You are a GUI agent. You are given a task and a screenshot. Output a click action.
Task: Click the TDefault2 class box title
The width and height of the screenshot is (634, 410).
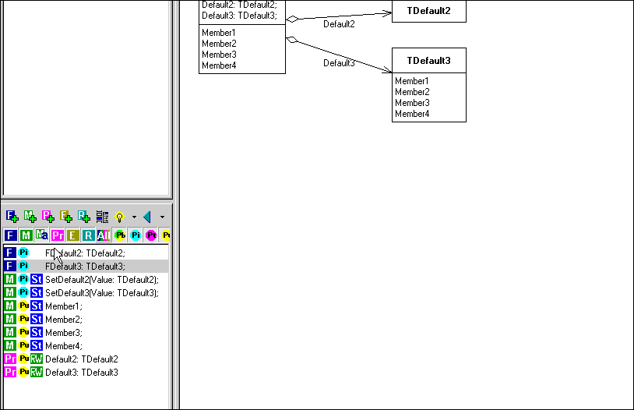(x=428, y=12)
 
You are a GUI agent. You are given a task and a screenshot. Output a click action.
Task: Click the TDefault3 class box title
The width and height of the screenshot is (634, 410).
(x=428, y=61)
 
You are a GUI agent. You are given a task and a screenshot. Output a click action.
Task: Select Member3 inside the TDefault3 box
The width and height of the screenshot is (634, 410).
(x=412, y=103)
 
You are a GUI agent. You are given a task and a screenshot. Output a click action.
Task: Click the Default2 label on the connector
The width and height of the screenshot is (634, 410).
(x=339, y=24)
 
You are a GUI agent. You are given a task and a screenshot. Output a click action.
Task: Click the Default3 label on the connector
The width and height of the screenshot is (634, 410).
(x=339, y=63)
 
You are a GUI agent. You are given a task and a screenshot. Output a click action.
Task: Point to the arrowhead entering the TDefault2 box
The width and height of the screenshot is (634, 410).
(x=387, y=13)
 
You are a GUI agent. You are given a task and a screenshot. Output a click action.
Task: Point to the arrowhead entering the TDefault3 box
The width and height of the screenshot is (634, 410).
(x=387, y=71)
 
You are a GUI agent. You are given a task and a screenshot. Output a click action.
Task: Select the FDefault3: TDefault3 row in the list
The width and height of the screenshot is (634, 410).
(x=85, y=266)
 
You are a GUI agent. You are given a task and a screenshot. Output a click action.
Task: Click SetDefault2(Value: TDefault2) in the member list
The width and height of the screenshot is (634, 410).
(x=101, y=279)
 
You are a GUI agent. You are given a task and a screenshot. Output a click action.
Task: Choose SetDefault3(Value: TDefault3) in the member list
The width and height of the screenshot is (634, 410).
(x=101, y=292)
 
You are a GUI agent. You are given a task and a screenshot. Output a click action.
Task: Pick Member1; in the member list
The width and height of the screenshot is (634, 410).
(x=63, y=306)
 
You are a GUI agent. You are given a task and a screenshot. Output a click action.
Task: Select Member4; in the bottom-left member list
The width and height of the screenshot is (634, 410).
(x=63, y=345)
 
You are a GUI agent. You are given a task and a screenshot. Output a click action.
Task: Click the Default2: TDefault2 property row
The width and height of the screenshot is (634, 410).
(x=82, y=359)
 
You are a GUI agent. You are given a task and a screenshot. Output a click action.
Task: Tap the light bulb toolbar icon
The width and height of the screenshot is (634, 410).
(x=120, y=217)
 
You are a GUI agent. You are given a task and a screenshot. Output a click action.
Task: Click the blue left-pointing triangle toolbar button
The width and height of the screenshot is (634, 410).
(x=146, y=217)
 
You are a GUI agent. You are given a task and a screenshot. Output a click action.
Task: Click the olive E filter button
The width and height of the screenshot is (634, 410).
(x=72, y=235)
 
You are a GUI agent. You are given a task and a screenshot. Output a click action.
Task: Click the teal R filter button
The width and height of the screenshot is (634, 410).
(x=88, y=235)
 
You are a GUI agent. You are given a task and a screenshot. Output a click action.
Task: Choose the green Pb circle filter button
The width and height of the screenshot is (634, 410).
(x=120, y=235)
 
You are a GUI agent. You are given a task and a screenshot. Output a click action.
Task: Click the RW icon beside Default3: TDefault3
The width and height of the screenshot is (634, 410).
(x=37, y=372)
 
